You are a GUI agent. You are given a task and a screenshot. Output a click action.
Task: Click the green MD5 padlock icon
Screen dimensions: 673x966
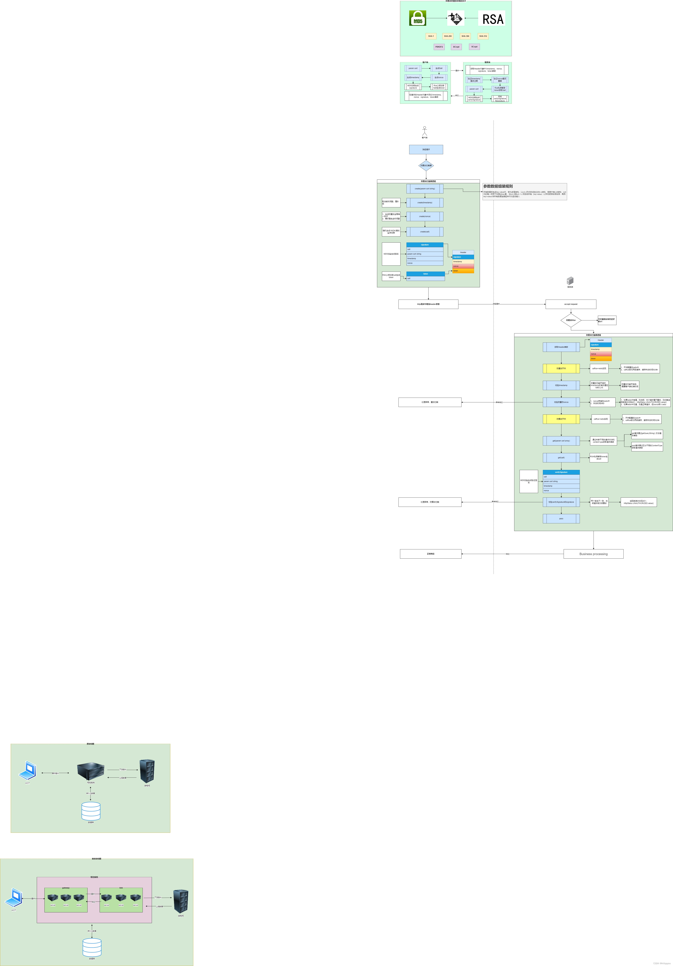pos(417,18)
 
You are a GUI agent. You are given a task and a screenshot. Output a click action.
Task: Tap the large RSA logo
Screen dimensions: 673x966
pos(492,19)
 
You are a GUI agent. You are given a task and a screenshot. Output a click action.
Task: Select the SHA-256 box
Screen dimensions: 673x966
pos(448,36)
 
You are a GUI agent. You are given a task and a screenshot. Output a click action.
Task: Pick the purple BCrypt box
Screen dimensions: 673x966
pos(456,47)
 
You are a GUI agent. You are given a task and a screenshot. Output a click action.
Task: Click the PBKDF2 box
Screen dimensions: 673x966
pos(439,47)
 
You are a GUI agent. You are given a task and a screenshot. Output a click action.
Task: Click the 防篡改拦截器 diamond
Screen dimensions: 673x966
pos(426,165)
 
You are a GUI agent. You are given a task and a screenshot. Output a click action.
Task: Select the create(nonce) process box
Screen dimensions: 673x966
pos(425,216)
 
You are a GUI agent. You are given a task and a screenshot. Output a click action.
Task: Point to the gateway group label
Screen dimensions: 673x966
pos(66,888)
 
